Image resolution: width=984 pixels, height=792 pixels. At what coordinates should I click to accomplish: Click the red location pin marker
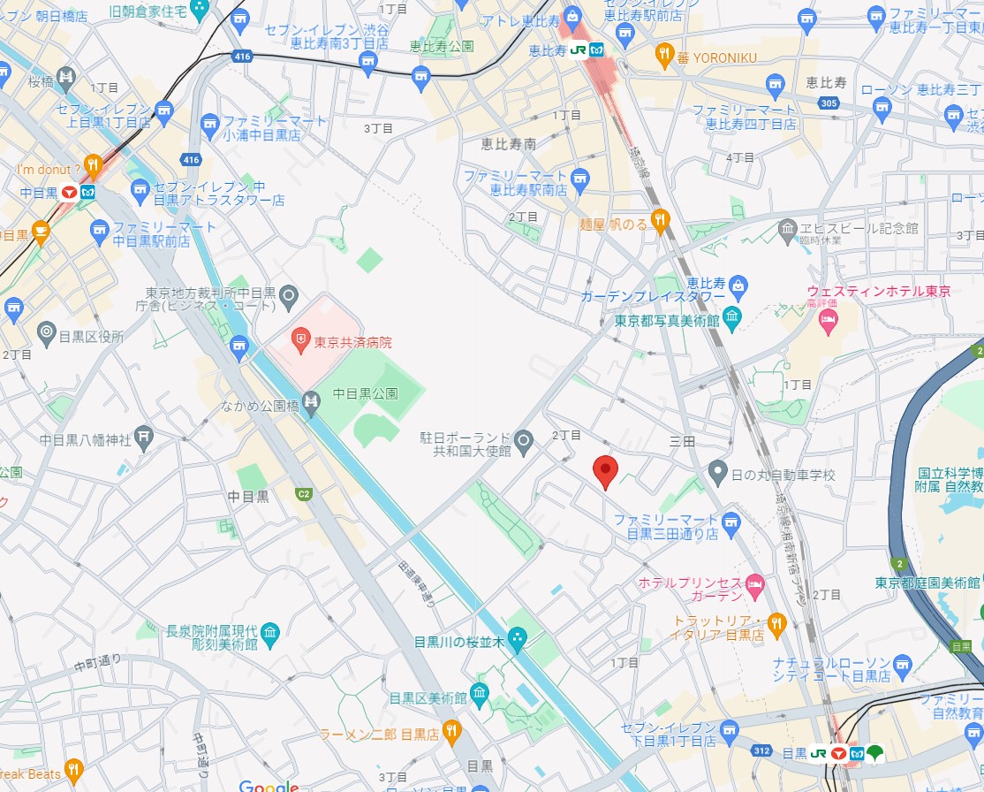tap(604, 470)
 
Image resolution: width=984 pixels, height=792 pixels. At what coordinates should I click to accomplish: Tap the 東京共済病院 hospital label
tap(352, 341)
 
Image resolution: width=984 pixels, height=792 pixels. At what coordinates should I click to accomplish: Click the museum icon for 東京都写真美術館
tap(731, 316)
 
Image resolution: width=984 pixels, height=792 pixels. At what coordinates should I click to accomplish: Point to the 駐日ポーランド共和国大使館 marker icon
tap(524, 439)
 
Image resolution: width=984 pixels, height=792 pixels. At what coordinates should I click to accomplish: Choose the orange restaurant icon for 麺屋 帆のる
tap(659, 218)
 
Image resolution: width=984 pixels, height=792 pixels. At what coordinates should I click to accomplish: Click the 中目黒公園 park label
tap(366, 393)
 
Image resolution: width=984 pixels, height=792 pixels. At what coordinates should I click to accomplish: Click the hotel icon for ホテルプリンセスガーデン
tap(754, 583)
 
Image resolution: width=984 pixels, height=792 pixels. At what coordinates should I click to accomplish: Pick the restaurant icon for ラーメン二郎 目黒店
tap(451, 730)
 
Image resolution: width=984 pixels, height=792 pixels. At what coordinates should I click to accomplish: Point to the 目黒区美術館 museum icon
tap(479, 691)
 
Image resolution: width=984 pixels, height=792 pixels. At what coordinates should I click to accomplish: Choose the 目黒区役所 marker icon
tap(47, 333)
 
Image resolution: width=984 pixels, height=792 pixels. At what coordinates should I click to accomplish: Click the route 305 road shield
tap(829, 104)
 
